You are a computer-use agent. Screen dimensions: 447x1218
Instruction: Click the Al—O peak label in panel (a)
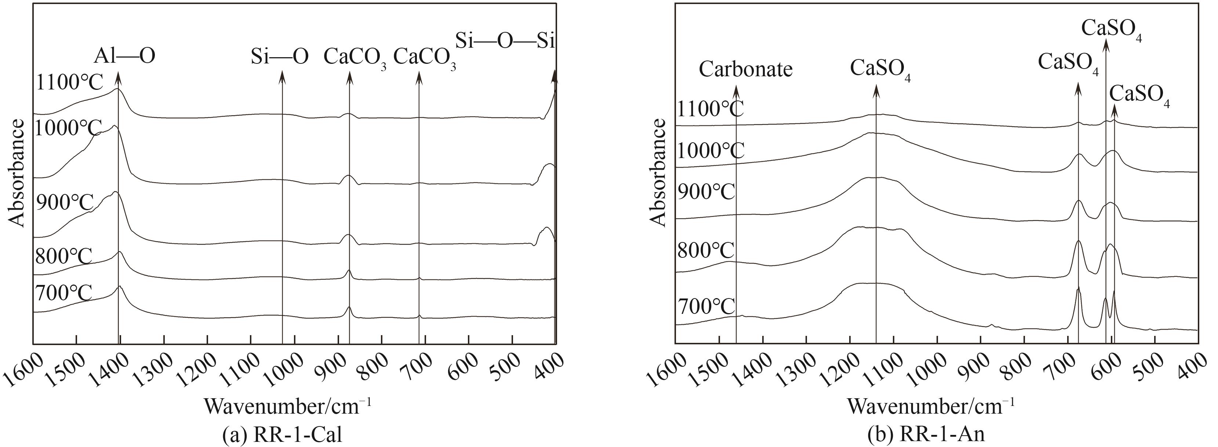click(124, 56)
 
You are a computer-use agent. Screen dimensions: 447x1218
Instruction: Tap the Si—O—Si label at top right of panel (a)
click(505, 41)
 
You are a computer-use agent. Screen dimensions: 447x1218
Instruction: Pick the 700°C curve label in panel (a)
click(63, 293)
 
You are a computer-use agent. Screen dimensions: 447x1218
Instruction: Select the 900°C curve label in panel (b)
click(706, 192)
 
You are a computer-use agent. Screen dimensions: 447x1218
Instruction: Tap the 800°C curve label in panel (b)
click(706, 251)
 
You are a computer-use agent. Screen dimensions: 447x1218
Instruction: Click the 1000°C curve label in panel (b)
click(711, 151)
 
